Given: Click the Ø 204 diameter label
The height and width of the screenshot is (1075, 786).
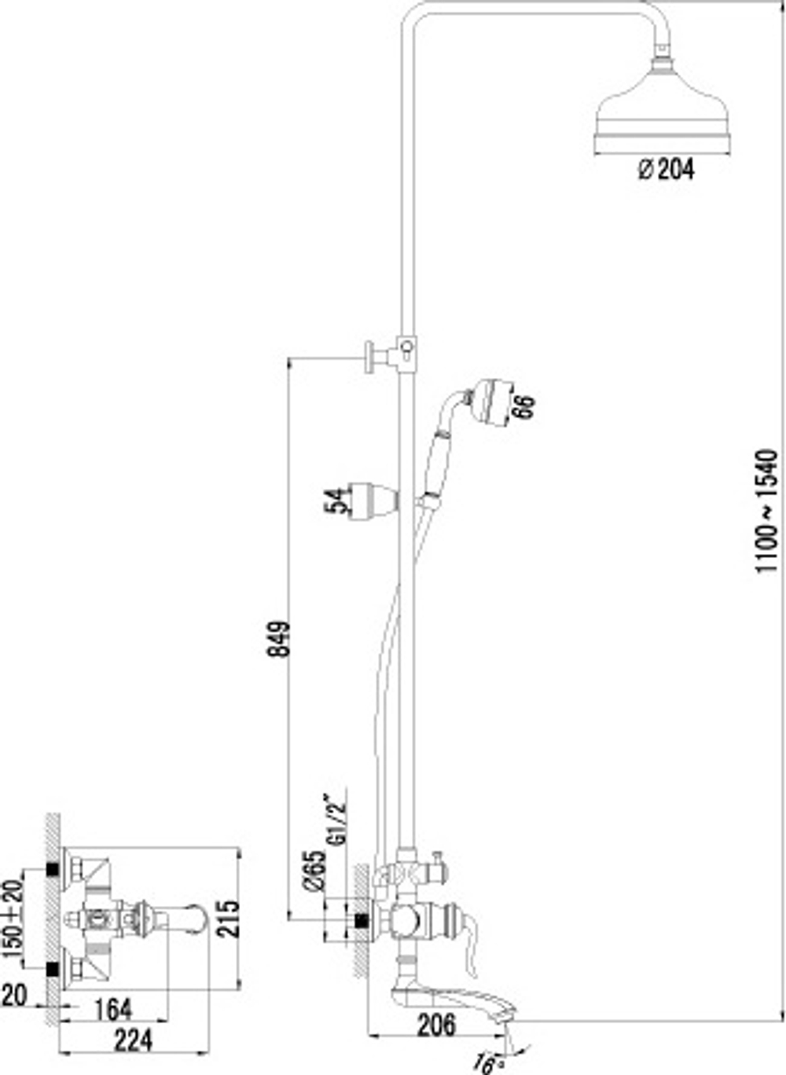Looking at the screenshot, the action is [x=666, y=169].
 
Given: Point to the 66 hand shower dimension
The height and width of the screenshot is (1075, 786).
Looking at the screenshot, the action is [x=523, y=407].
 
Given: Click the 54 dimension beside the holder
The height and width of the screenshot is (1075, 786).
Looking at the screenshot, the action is [x=335, y=501].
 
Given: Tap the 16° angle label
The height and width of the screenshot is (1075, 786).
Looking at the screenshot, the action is [x=485, y=1064].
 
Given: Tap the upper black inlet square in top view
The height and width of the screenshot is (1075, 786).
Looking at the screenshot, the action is [x=53, y=869].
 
